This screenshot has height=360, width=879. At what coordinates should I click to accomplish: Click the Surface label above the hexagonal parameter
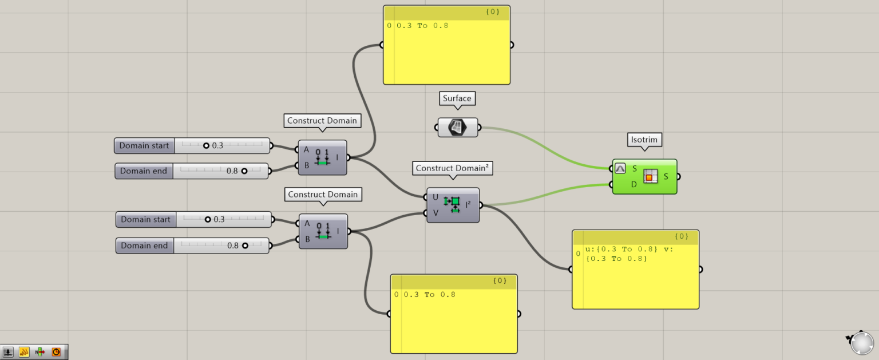pos(457,98)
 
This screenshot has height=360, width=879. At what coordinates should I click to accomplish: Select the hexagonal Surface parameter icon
pos(457,127)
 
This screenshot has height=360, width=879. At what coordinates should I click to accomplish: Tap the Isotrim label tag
pos(644,139)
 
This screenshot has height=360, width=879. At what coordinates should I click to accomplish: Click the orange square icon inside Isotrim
pos(650,177)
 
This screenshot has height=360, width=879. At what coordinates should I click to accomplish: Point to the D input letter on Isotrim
pos(634,184)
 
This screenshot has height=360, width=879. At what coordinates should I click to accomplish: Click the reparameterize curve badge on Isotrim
pos(620,169)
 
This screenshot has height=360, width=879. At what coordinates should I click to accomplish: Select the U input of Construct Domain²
pos(435,197)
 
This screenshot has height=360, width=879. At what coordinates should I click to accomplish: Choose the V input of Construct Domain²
pos(435,213)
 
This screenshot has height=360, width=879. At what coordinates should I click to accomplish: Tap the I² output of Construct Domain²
pos(468,204)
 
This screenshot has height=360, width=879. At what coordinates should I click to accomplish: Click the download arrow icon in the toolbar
pos(9,352)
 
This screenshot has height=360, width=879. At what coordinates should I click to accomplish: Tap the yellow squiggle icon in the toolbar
pos(24,352)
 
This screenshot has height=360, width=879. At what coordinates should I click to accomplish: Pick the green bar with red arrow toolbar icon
pos(40,352)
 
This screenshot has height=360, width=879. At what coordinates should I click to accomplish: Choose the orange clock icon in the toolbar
pos(56,352)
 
